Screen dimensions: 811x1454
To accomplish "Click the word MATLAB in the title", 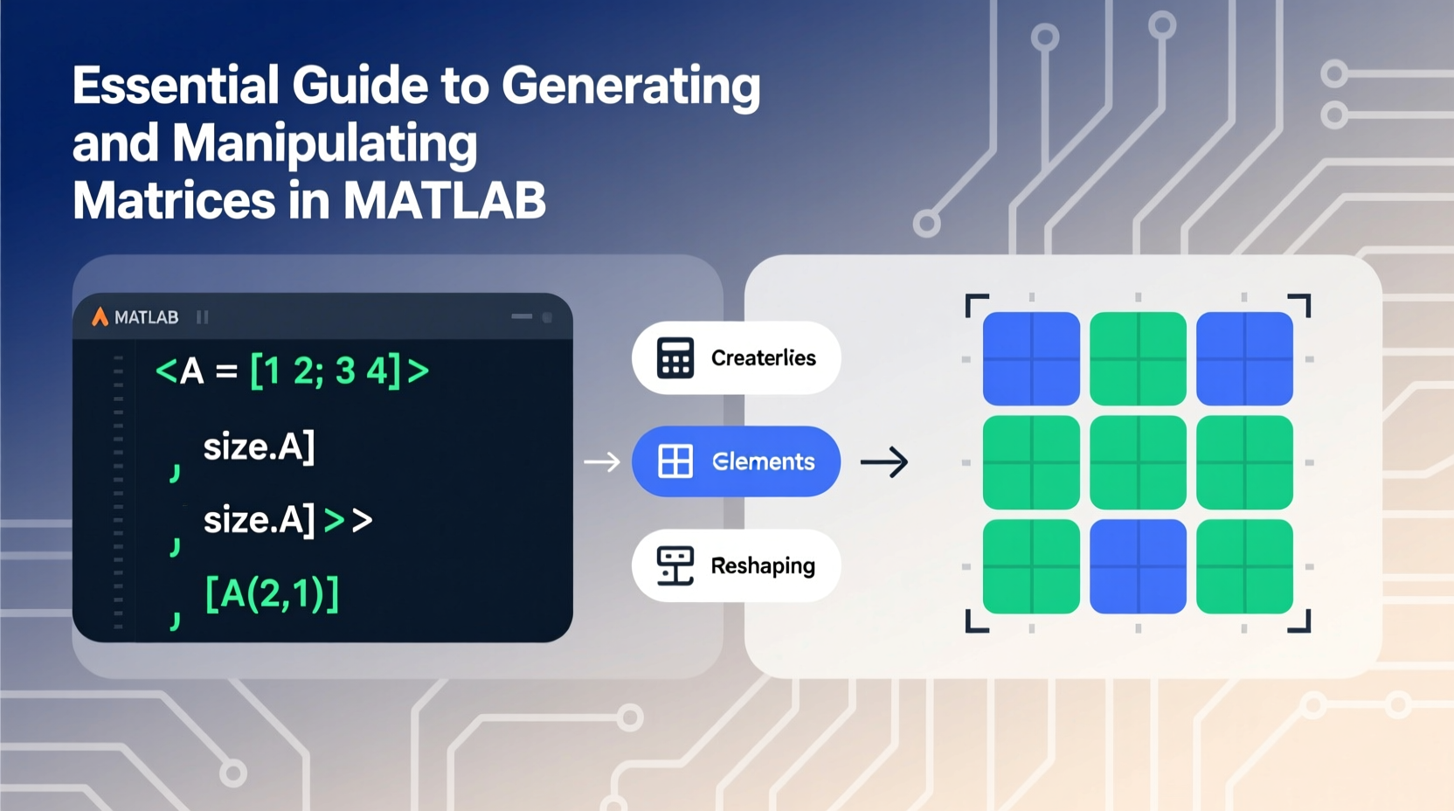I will point(444,201).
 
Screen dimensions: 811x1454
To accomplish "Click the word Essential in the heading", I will point(175,86).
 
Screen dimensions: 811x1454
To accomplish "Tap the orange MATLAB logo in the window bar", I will point(100,316).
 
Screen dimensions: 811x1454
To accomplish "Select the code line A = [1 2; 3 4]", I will point(292,371).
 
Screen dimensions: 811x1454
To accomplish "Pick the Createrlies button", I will point(736,357).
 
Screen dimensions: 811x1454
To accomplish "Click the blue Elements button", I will point(736,461).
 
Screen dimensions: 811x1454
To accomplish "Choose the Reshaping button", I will point(736,565).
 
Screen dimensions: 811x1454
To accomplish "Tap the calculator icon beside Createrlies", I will point(675,357).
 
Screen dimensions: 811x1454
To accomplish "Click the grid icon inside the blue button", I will point(675,461).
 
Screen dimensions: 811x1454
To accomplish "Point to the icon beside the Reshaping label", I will point(675,565).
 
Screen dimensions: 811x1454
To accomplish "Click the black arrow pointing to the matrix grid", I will point(884,461).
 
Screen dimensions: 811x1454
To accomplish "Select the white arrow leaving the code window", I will point(601,461).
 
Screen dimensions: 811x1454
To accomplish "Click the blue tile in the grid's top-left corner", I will point(1031,358).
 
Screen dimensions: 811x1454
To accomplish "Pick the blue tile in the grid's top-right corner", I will point(1244,358).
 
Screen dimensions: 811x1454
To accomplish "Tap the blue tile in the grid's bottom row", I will point(1138,566).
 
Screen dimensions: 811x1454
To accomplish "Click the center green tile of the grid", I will point(1138,462).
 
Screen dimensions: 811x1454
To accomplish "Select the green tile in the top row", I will point(1138,358).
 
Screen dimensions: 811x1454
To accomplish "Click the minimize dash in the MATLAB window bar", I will point(522,316).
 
